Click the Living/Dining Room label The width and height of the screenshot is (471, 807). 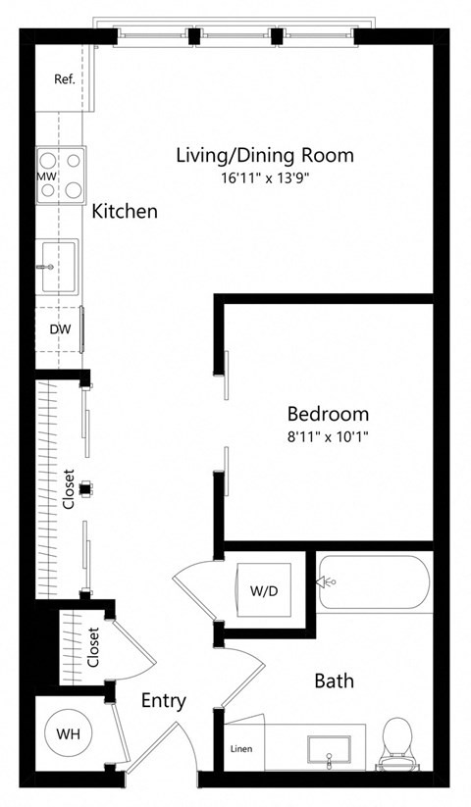(x=264, y=155)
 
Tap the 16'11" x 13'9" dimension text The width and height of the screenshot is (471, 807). (x=264, y=178)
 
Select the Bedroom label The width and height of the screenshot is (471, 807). (x=328, y=413)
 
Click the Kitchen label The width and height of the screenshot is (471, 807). (x=125, y=211)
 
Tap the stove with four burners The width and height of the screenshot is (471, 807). (x=61, y=175)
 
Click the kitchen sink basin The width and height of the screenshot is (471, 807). (x=59, y=265)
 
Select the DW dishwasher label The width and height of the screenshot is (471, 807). (x=59, y=329)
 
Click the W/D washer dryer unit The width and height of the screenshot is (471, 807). (x=262, y=591)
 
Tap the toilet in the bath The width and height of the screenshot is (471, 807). (x=394, y=741)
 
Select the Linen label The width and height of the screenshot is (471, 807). (x=240, y=750)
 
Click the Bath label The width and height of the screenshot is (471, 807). (x=334, y=681)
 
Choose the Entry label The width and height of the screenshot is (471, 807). (x=163, y=701)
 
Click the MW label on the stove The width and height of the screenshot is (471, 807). (x=45, y=176)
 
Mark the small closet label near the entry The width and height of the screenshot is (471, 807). (x=93, y=648)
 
